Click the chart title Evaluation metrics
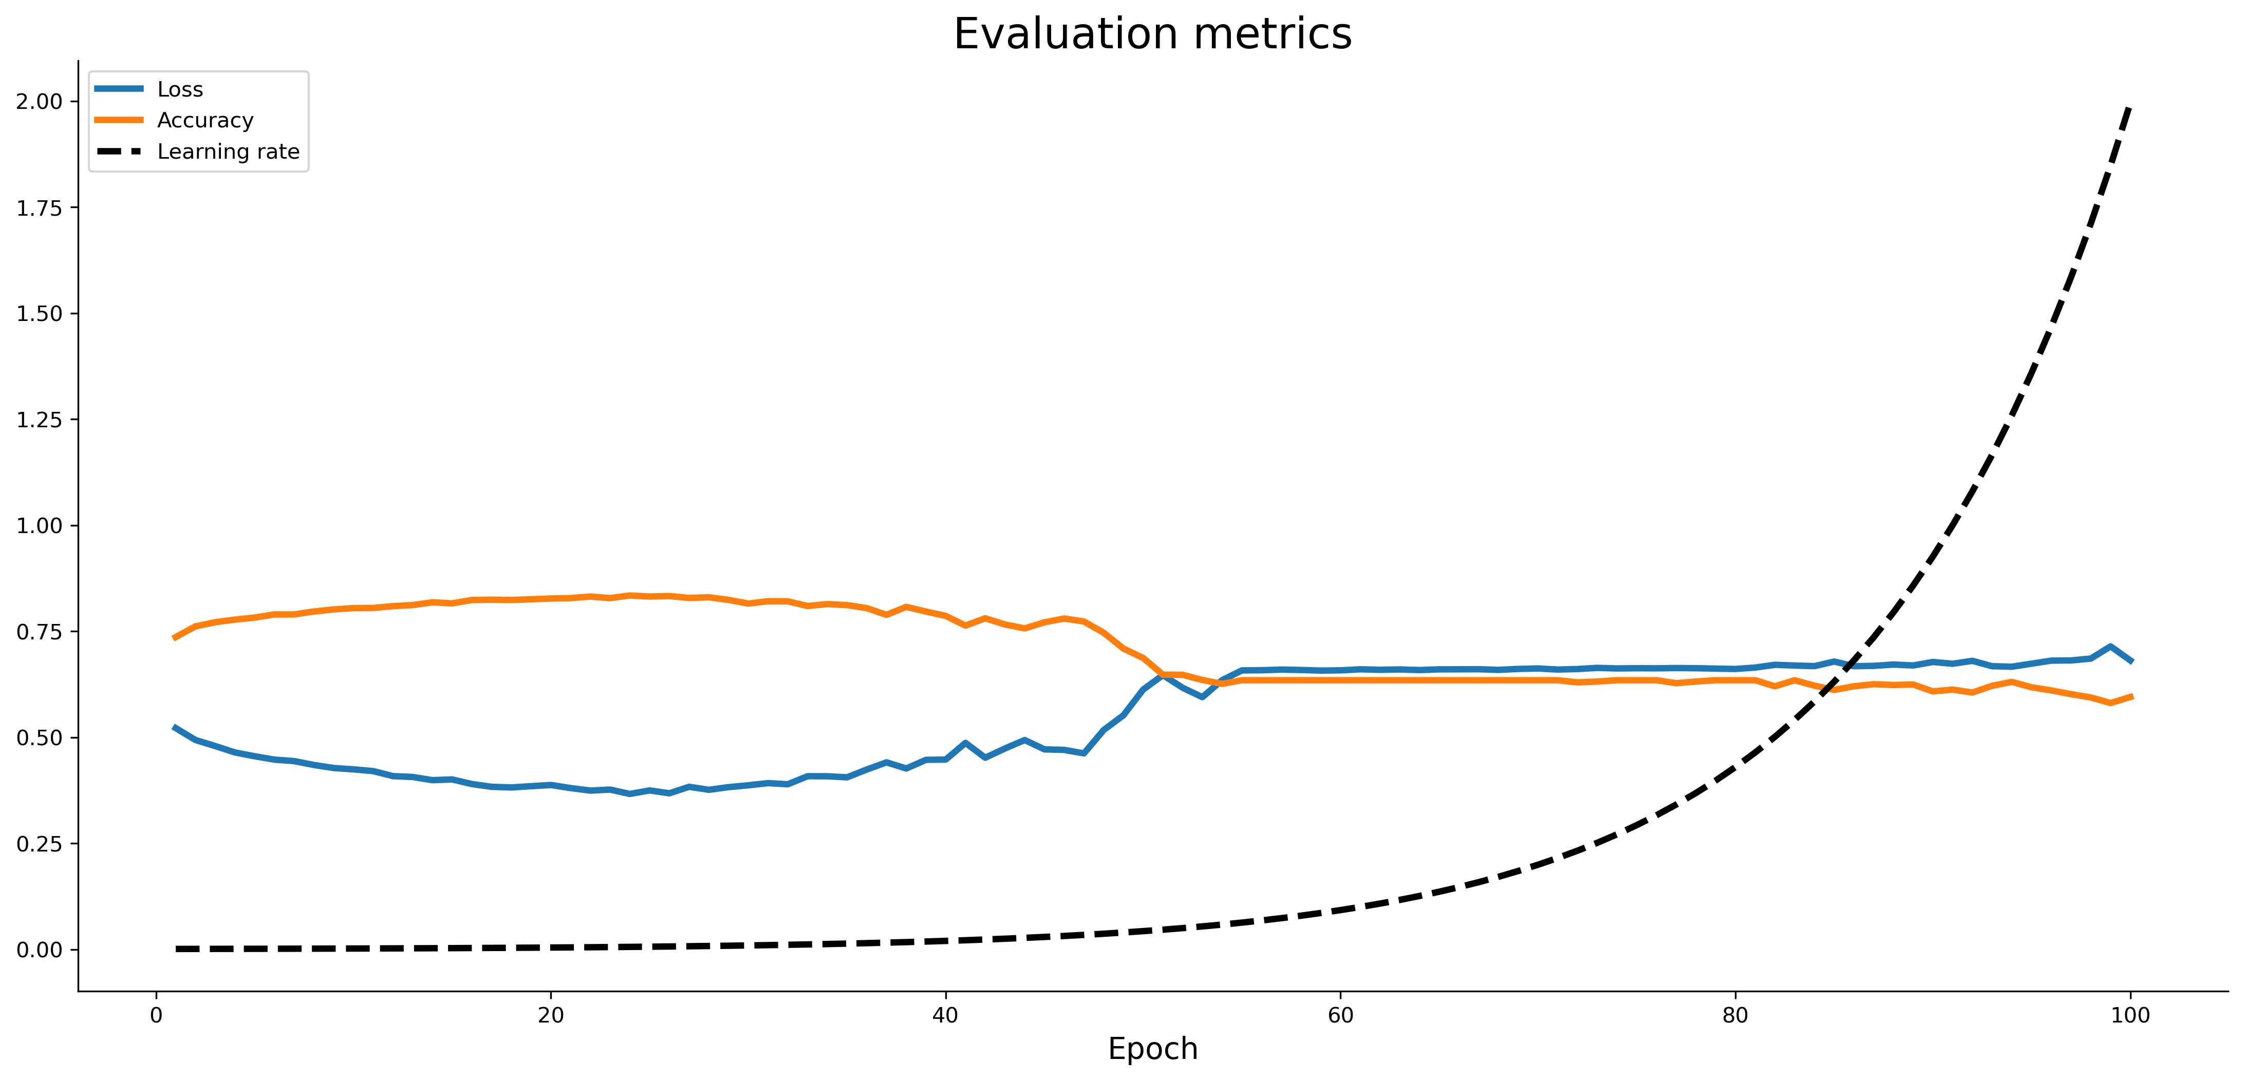click(x=1152, y=35)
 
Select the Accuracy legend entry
click(x=204, y=120)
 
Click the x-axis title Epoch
click(x=1152, y=1049)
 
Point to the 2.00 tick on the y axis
click(x=40, y=102)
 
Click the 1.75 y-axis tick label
click(x=40, y=208)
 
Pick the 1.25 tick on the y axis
click(x=40, y=420)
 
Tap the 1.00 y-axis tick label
click(x=40, y=526)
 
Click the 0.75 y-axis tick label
click(x=40, y=632)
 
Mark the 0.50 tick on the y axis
click(x=40, y=738)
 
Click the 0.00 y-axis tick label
click(x=40, y=950)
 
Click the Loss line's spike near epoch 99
click(x=2110, y=647)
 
